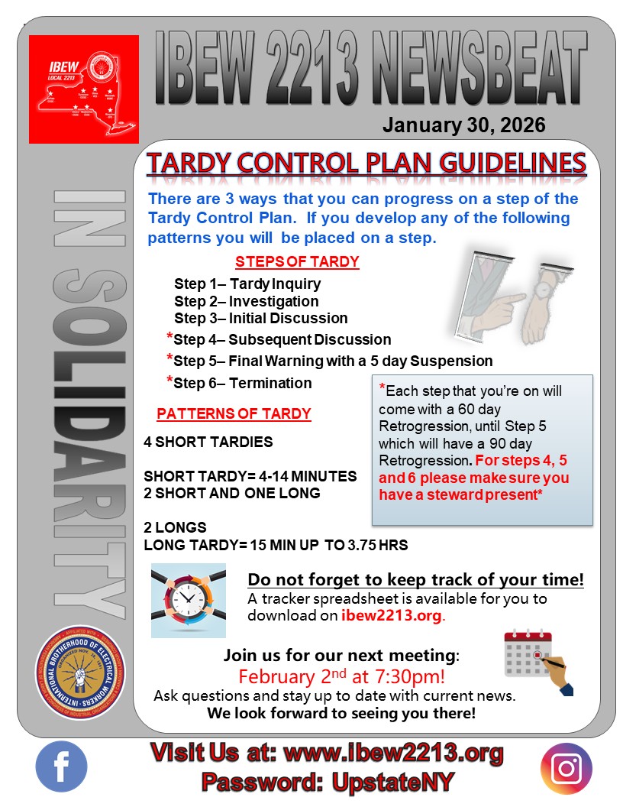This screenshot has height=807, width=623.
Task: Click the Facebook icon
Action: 61,766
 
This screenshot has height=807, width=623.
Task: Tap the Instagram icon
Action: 566,768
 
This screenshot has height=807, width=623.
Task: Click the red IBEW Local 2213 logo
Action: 84,89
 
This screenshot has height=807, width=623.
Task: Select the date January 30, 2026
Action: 464,125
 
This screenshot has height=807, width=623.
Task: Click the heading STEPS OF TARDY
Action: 297,261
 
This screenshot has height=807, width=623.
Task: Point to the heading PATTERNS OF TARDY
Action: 234,414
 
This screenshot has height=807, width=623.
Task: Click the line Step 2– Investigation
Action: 246,301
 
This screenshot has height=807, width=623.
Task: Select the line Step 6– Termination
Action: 243,383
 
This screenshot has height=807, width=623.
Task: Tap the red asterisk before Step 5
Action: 169,359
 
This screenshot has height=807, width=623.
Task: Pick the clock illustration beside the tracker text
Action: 189,601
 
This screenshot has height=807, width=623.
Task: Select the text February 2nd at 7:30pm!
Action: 342,677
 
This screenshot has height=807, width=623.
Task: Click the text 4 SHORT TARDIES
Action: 208,442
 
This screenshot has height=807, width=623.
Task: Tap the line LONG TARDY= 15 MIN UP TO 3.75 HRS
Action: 275,545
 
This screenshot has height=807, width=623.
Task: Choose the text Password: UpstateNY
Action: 328,782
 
